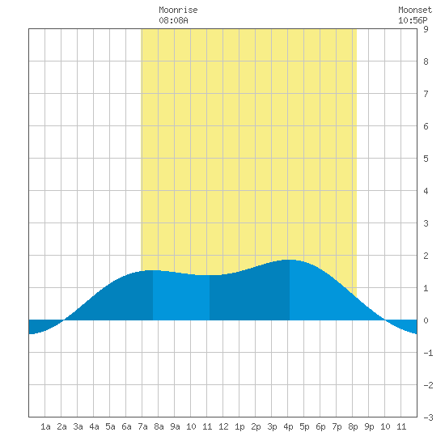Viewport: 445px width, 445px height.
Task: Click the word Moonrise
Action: (178, 10)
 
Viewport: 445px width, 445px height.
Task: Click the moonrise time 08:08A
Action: (173, 20)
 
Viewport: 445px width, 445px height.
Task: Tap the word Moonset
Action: (415, 10)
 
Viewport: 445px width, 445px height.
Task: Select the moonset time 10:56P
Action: (413, 20)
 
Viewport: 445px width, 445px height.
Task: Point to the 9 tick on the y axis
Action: (426, 29)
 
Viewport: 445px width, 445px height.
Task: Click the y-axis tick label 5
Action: (426, 159)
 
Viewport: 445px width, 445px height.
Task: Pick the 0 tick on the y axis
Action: (426, 320)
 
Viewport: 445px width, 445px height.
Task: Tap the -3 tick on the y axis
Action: (428, 417)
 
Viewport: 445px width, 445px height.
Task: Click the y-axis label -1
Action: (428, 353)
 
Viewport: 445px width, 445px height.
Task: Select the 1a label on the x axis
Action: (45, 426)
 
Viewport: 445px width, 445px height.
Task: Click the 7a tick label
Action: (142, 426)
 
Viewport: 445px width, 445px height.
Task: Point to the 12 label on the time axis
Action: (223, 426)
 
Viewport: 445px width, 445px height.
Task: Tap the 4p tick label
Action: (288, 426)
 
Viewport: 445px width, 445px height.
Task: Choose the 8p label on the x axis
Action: (353, 426)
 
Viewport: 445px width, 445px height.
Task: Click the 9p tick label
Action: (369, 426)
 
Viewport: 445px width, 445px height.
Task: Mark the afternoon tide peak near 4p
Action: (290, 260)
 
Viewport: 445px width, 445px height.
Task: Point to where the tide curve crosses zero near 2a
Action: (64, 320)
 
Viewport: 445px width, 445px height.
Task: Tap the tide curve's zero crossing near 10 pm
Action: (385, 320)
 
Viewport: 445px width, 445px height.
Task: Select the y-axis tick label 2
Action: (426, 256)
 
